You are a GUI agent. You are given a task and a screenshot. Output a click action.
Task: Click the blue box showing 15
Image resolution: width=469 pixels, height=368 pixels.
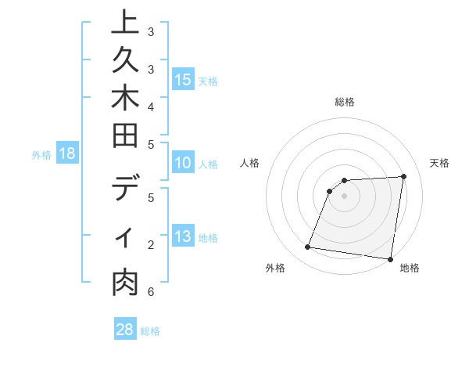pos(183,80)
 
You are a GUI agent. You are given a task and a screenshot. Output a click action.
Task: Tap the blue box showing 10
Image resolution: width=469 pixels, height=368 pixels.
pos(183,164)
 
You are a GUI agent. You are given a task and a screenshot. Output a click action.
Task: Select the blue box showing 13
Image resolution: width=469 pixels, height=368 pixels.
pos(183,237)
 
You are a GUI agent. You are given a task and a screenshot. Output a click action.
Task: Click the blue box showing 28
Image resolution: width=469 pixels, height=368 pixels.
pos(125,330)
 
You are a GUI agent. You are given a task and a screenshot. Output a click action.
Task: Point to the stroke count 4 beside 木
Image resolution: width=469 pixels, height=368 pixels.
pos(151,106)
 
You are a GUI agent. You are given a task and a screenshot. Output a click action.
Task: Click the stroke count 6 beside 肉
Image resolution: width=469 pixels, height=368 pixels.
pos(151,292)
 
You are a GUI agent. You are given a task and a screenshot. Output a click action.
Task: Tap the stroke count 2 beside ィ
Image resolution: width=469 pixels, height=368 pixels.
pos(151,245)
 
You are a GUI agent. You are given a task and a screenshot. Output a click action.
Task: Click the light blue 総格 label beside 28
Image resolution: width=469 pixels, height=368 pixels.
pos(151,331)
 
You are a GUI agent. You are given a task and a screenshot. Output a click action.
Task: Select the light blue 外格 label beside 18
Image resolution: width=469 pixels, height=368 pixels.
pos(41,154)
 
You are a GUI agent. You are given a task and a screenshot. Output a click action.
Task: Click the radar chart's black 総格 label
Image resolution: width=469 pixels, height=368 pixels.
pos(344,102)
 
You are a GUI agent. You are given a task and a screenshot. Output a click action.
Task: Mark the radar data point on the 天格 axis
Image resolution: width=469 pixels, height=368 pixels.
pos(403,176)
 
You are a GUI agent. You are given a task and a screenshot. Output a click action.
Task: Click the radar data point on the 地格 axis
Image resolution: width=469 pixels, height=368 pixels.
pos(390,258)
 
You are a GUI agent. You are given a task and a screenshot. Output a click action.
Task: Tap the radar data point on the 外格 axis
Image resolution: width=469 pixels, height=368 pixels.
pos(307,247)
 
